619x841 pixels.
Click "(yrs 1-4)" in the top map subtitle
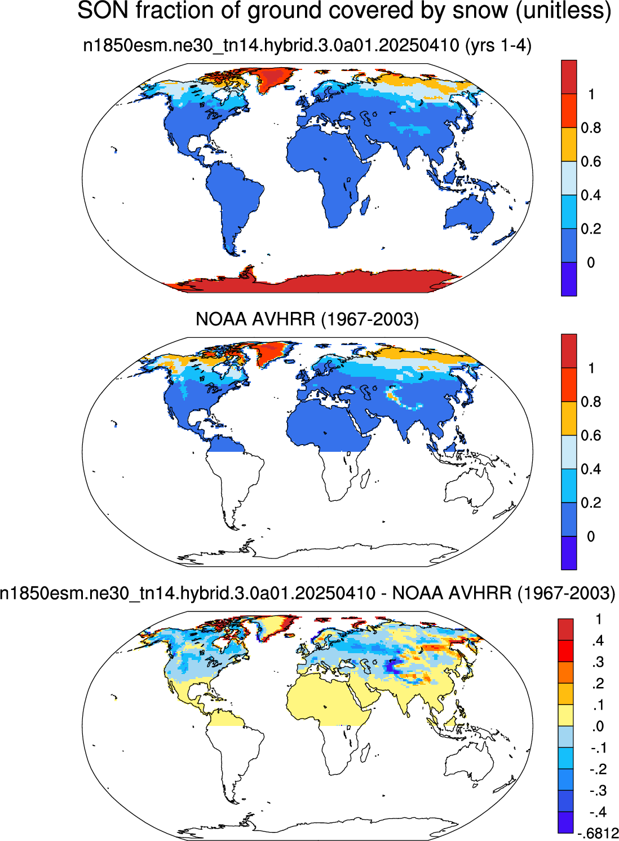[x=498, y=46]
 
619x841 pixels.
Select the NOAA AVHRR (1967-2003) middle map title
[x=307, y=319]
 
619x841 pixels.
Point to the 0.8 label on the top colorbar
[x=591, y=128]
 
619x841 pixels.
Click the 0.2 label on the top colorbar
[x=591, y=229]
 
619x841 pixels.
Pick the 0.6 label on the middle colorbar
[x=591, y=435]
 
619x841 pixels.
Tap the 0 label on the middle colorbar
[x=591, y=536]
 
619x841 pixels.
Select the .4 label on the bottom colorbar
[x=598, y=641]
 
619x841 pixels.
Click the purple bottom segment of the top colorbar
[x=569, y=279]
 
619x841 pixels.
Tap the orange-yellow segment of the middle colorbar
[x=569, y=419]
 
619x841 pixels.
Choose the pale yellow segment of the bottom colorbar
[x=565, y=715]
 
